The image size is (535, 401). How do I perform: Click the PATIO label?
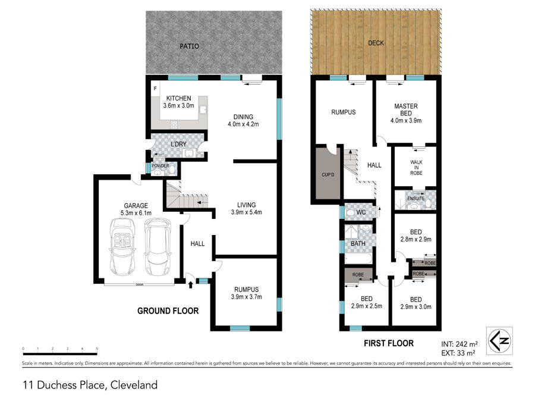189,46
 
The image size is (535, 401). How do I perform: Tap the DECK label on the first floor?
376,43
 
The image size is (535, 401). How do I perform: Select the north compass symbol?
499,340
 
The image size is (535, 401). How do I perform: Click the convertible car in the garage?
122,247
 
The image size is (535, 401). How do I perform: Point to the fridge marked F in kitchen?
155,89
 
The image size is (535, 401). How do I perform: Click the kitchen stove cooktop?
174,125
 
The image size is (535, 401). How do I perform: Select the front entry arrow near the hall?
190,284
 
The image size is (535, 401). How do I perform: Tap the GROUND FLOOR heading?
168,311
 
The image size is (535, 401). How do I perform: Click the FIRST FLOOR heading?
389,343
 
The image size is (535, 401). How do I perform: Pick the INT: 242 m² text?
460,344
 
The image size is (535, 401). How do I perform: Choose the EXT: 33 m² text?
458,353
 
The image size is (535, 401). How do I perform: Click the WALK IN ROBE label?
416,167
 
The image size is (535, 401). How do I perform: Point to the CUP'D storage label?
328,174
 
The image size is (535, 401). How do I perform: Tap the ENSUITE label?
416,198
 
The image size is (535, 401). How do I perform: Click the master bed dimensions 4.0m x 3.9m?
405,121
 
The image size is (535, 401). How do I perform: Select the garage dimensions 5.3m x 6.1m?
136,213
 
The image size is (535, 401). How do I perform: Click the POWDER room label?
160,165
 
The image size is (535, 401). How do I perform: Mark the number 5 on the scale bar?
97,349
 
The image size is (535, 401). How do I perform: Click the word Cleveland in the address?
134,385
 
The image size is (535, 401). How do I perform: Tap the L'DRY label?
178,144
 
